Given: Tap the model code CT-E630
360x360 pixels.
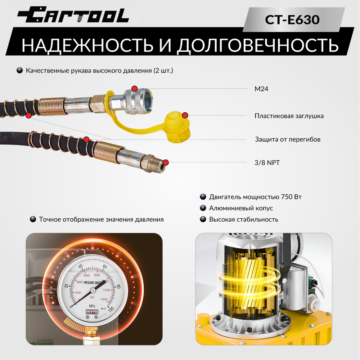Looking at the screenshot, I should pos(292,20).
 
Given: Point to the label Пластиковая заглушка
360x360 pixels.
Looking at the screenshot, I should pos(289,116).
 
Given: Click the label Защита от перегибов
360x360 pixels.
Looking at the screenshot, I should pos(288,139).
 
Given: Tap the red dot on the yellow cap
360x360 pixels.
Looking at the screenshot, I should pos(185,115).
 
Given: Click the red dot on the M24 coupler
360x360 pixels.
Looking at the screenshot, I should pos(134,89).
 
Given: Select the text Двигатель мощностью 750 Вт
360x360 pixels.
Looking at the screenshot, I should pos(255,197).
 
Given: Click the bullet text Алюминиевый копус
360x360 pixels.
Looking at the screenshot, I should pos(241,208).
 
